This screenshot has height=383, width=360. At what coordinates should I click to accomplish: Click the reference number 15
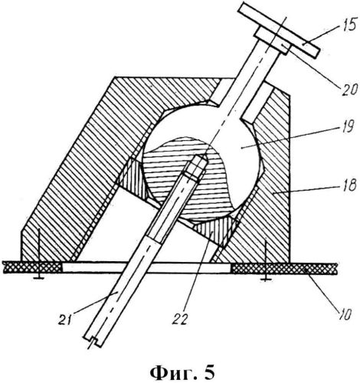(x=349, y=25)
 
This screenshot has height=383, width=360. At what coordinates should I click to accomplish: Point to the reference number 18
(x=349, y=185)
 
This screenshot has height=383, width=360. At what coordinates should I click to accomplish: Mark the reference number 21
(x=65, y=319)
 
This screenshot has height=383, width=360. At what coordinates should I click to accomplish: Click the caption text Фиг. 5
(x=182, y=373)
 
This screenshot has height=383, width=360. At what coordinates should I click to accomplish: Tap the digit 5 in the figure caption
(x=209, y=372)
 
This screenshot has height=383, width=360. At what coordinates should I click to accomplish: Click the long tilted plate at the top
(x=278, y=30)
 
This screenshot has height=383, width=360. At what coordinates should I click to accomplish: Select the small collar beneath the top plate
(x=273, y=41)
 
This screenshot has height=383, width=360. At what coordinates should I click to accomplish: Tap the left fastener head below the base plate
(x=38, y=277)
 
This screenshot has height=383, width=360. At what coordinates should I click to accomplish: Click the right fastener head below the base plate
(x=266, y=280)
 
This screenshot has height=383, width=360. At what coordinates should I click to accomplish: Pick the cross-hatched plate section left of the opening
(x=32, y=267)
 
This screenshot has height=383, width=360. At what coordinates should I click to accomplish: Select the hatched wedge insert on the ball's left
(x=133, y=178)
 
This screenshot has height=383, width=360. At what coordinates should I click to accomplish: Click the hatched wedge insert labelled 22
(x=217, y=230)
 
